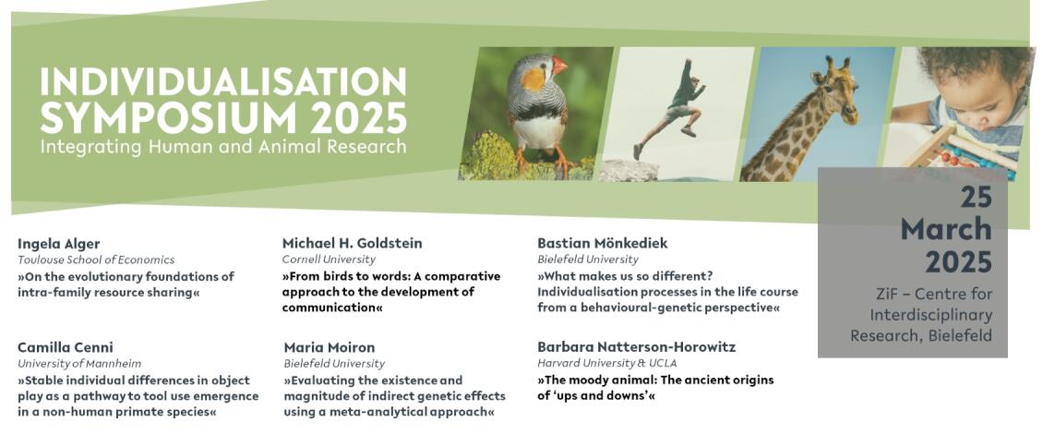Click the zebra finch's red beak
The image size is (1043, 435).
pos(558,66)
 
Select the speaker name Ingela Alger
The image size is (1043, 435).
pos(58,244)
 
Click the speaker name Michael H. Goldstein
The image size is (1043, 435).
pos(352,244)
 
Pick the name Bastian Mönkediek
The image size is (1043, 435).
pos(602,244)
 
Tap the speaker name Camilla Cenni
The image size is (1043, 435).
pos(66,347)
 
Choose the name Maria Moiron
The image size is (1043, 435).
pos(330,347)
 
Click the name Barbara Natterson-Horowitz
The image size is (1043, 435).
pos(636,347)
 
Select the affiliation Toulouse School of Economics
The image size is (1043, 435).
pos(96,260)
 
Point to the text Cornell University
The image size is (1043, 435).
pos(329,260)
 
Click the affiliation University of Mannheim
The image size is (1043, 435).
pos(79,364)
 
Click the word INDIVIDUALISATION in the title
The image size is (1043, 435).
pos(222,81)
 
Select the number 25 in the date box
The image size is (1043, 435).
pos(976,197)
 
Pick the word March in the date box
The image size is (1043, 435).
pos(946,229)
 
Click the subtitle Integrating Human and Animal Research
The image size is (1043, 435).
pos(222,147)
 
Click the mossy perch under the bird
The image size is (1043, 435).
pos(525,158)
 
